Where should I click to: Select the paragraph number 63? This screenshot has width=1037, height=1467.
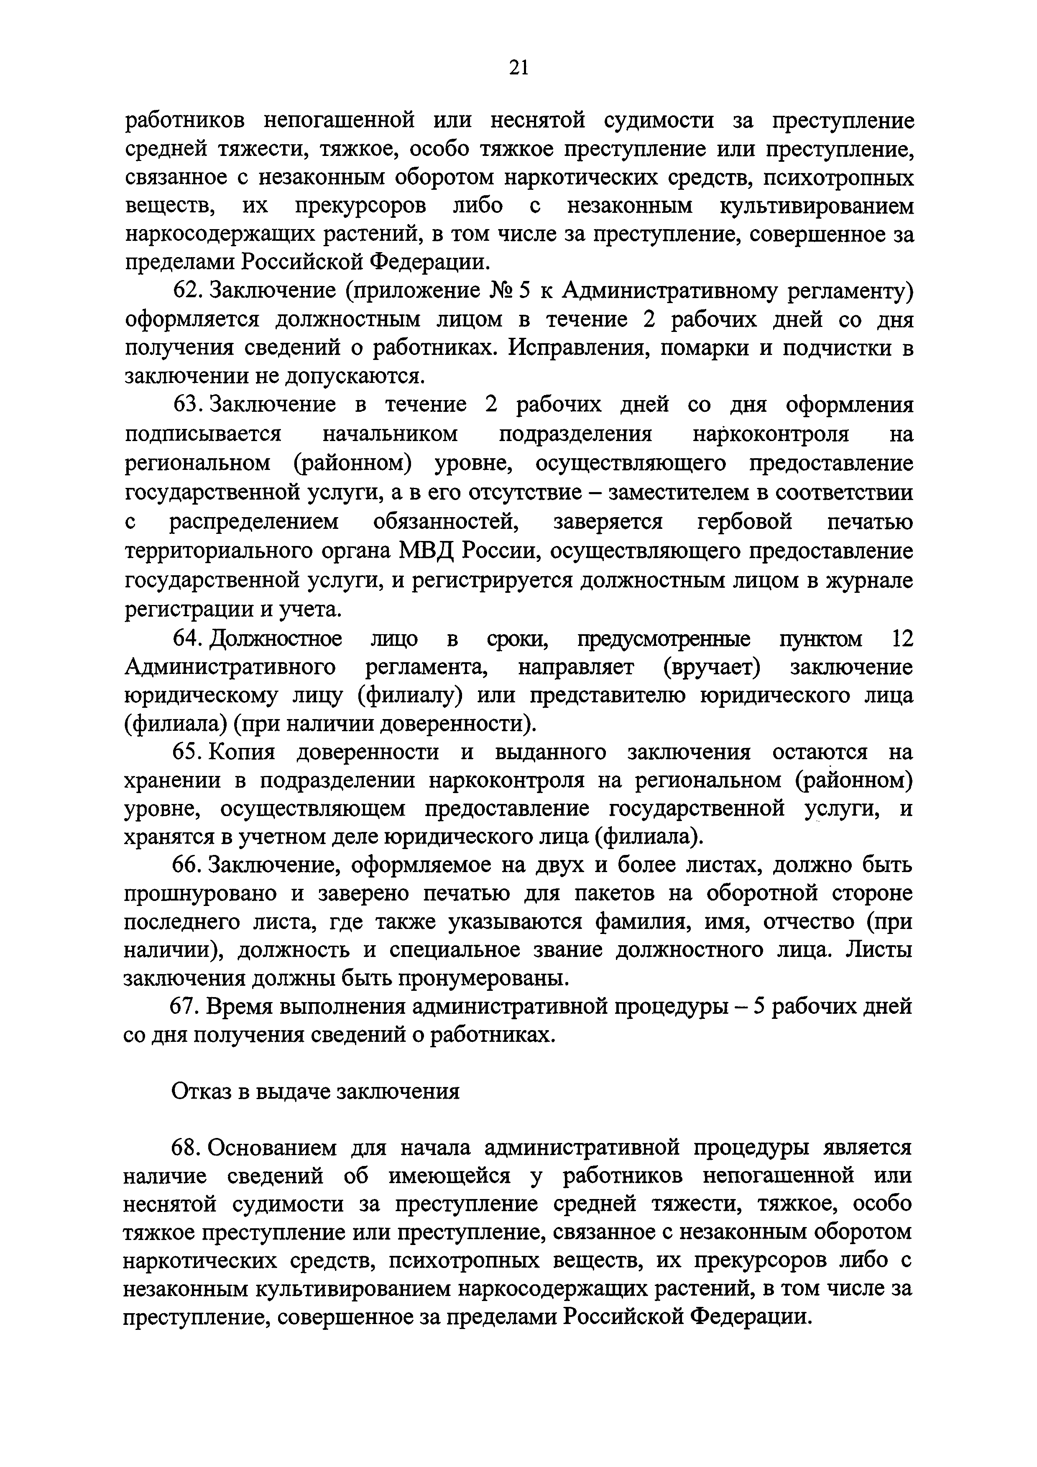coord(186,405)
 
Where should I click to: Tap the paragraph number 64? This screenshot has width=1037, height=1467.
coord(186,638)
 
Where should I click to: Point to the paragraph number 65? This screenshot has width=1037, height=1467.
coord(186,752)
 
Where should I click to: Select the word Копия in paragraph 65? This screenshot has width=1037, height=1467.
coord(242,752)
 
